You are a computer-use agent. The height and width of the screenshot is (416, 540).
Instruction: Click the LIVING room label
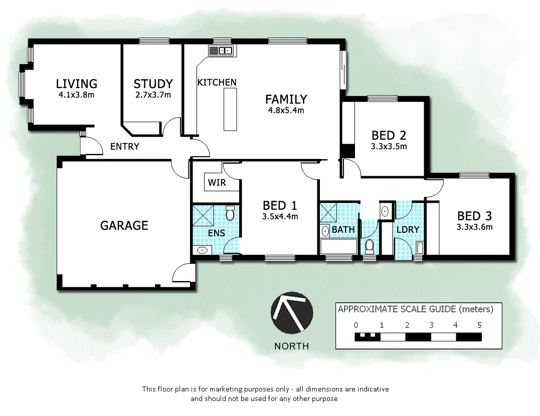click(76, 84)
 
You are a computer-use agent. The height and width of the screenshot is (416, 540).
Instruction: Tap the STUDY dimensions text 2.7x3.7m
click(153, 95)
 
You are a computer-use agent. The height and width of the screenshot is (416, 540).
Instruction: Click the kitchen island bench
click(230, 109)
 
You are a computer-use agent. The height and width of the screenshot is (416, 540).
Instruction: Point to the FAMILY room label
click(286, 99)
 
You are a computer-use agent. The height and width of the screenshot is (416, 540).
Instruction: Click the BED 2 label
click(389, 135)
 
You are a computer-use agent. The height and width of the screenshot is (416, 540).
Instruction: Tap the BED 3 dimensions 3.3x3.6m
click(474, 227)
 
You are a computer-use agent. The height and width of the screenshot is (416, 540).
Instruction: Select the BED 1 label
click(280, 205)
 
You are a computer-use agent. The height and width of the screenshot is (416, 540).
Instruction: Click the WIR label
click(217, 183)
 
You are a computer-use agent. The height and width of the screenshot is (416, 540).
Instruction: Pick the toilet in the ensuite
click(231, 214)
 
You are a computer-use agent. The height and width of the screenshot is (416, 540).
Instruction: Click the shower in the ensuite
click(205, 215)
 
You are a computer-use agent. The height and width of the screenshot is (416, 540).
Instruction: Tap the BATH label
click(343, 230)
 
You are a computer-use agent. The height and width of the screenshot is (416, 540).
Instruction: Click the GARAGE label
click(124, 225)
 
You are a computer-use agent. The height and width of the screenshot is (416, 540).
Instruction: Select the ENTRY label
click(124, 147)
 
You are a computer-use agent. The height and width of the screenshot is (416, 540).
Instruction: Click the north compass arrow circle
click(292, 313)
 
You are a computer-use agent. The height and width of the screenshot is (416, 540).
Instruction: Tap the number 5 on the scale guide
click(479, 325)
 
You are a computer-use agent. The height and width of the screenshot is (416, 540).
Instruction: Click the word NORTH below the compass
click(291, 346)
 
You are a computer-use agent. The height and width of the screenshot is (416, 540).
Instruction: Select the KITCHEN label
click(217, 82)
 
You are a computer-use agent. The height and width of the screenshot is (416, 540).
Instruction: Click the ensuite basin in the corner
click(203, 250)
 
